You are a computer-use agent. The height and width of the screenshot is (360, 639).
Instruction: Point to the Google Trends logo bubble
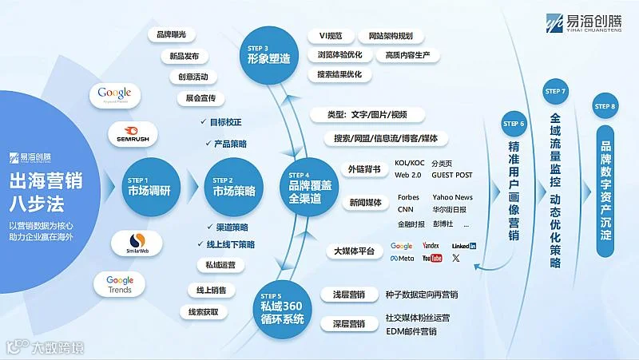(x=120, y=284)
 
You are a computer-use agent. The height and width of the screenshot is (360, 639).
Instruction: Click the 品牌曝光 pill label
(x=173, y=36)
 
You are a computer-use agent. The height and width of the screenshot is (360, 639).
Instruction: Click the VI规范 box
(x=330, y=36)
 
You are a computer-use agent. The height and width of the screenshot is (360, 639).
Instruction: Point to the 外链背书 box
(x=363, y=168)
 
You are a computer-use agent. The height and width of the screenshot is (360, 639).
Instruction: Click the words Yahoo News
(x=452, y=197)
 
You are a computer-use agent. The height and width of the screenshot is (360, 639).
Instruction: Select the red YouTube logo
(x=432, y=259)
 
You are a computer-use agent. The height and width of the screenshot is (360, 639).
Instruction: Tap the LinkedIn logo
(x=463, y=246)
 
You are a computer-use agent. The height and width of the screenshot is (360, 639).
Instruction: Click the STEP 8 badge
(x=605, y=106)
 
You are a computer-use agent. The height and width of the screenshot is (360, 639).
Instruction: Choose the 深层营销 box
(x=348, y=324)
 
